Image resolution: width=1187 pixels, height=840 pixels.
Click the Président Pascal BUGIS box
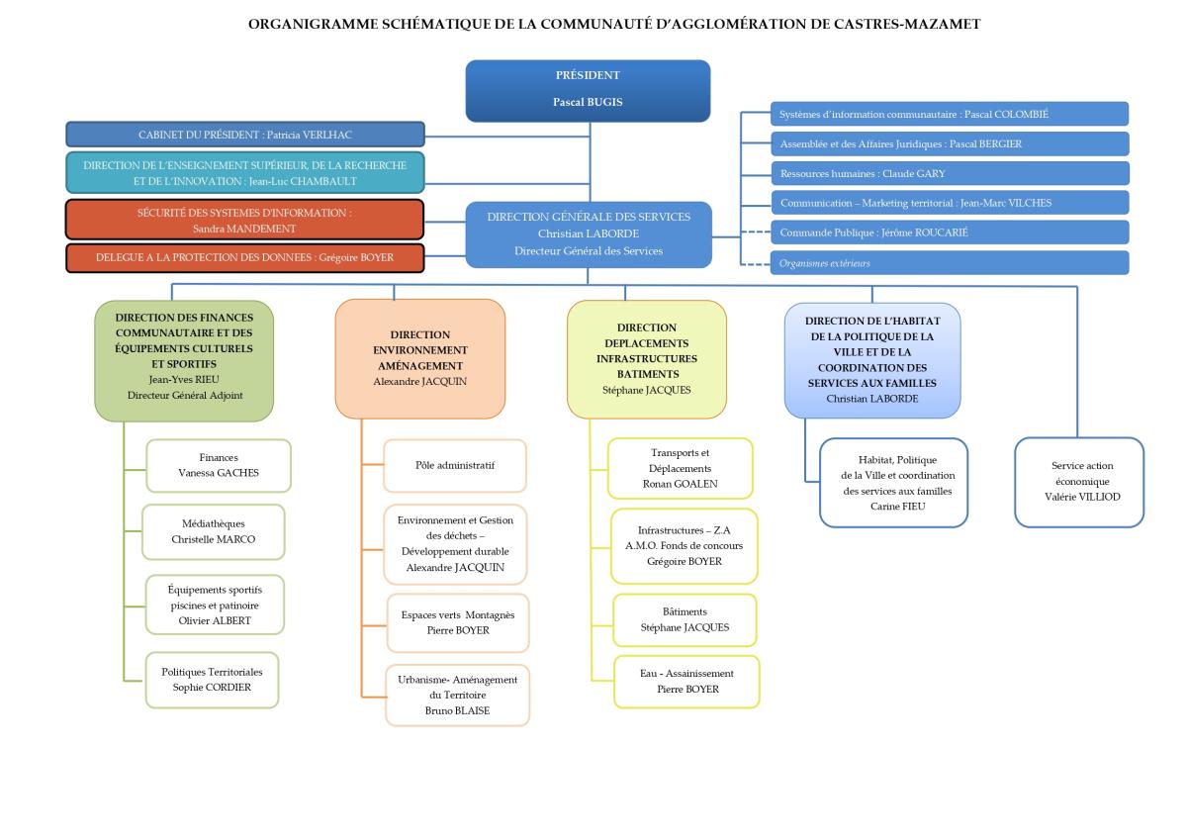588,90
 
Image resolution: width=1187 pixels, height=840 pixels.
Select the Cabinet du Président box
245,135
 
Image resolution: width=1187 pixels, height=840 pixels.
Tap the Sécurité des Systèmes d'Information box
245,220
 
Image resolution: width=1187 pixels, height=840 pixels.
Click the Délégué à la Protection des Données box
245,257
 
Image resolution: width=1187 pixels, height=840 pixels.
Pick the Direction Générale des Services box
589,233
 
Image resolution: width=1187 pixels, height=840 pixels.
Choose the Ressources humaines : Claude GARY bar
949,173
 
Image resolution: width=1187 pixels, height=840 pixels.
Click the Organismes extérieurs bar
949,263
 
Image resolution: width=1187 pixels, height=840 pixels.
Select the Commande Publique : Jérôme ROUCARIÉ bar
949,233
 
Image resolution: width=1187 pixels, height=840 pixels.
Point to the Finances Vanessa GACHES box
219,465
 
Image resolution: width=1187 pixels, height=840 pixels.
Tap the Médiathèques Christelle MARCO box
214,531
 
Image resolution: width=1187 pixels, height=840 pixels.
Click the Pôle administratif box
455,465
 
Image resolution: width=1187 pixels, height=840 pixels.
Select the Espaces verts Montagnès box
458,622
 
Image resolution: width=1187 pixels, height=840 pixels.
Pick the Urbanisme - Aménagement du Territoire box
458,695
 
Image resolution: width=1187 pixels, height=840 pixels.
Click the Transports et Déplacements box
681,468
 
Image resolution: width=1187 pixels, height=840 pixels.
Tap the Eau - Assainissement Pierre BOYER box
687,681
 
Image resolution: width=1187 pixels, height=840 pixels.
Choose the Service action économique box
1079,481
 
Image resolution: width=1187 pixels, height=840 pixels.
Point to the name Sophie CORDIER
212,687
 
